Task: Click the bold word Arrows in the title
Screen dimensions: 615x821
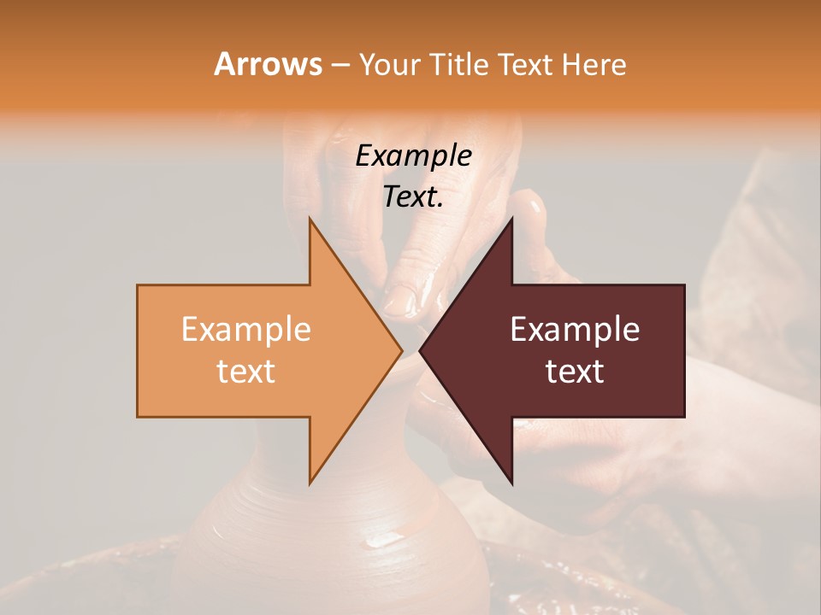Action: tap(268, 64)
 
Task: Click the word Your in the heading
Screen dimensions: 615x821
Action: tap(389, 65)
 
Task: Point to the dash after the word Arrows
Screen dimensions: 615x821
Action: tap(340, 66)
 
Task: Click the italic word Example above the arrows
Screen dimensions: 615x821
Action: tap(413, 155)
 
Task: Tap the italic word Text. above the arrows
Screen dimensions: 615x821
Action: tap(413, 196)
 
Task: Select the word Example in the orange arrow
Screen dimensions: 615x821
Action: tap(245, 329)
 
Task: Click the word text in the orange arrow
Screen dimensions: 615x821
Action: tap(245, 372)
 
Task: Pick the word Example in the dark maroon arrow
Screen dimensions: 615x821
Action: tap(575, 329)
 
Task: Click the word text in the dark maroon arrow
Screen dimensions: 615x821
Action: tap(575, 372)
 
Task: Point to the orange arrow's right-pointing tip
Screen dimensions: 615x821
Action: tap(400, 350)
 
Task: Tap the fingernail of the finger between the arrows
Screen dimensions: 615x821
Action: tap(400, 302)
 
